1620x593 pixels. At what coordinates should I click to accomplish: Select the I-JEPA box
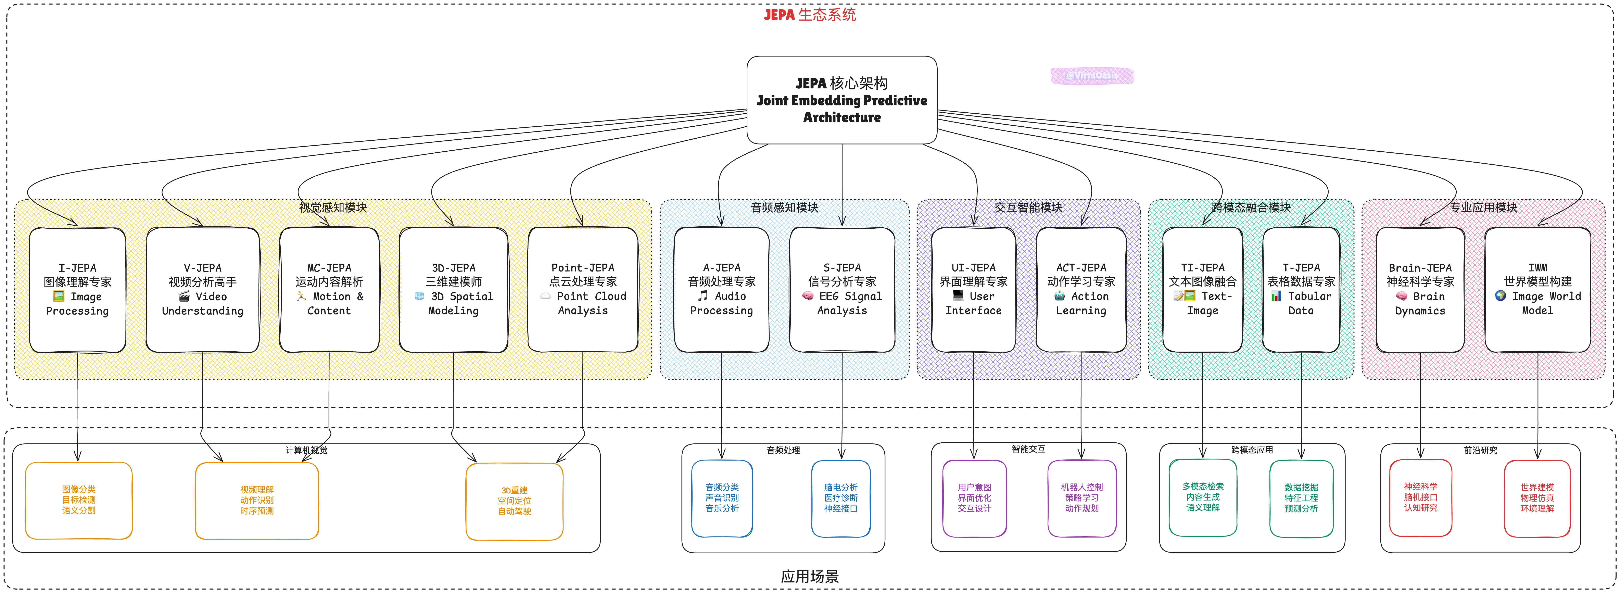click(77, 289)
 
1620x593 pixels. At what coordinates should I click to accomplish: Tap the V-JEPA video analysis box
click(202, 289)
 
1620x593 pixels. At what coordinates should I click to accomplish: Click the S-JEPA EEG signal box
click(842, 289)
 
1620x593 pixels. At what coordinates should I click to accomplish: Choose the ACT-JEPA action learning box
click(1081, 289)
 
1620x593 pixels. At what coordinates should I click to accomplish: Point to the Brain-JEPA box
click(1420, 289)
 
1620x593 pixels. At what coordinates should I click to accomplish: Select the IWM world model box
click(1538, 289)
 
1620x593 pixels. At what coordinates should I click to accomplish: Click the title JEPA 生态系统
click(810, 14)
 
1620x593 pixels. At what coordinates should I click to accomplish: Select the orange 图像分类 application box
click(79, 500)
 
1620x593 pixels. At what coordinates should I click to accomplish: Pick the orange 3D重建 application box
click(514, 501)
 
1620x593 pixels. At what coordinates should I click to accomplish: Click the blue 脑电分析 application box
click(841, 498)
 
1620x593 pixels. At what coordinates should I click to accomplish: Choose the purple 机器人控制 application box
click(1082, 498)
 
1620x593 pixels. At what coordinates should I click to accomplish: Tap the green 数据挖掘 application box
click(1301, 498)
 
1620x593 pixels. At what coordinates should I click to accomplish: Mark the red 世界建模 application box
click(1537, 498)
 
